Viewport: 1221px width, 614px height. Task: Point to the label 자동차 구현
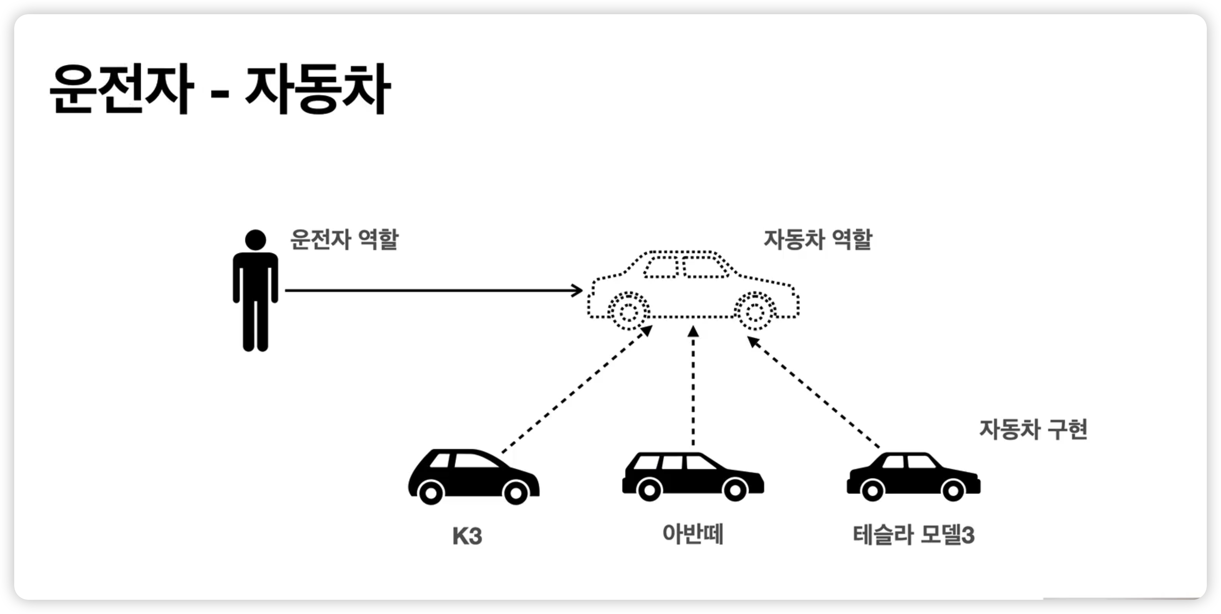pos(1033,429)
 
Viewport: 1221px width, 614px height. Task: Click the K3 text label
pos(467,536)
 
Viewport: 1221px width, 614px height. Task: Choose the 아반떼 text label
pos(693,534)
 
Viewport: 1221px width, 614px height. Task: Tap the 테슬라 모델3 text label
pos(913,535)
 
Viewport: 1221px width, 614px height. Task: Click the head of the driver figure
pos(256,240)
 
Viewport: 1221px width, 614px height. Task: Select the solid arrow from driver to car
pos(427,290)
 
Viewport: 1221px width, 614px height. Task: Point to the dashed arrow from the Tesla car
pos(813,391)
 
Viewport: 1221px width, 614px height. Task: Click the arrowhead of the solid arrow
pos(578,290)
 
